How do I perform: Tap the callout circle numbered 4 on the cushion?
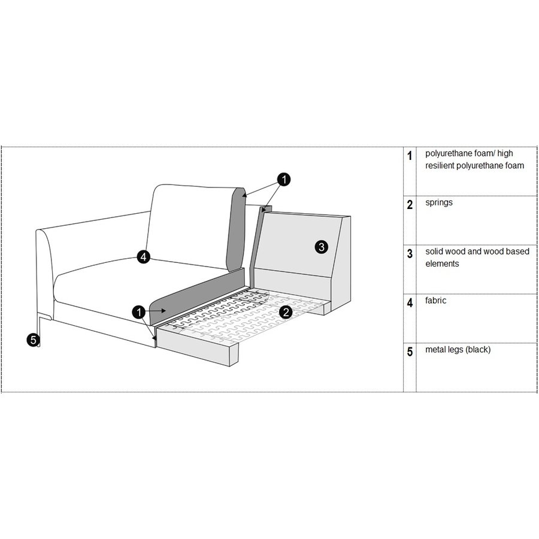(x=143, y=257)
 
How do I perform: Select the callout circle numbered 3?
(x=321, y=246)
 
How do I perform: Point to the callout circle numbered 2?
(x=286, y=311)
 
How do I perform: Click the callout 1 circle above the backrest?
(x=284, y=178)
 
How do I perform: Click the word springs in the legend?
(x=438, y=202)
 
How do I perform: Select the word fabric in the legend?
(x=435, y=301)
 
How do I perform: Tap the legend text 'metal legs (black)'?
(x=458, y=349)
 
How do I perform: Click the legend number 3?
(x=410, y=254)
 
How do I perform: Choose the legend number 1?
(x=410, y=156)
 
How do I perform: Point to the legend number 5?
(x=410, y=352)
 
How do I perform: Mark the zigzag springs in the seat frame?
(x=240, y=311)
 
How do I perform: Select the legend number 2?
(x=410, y=205)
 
